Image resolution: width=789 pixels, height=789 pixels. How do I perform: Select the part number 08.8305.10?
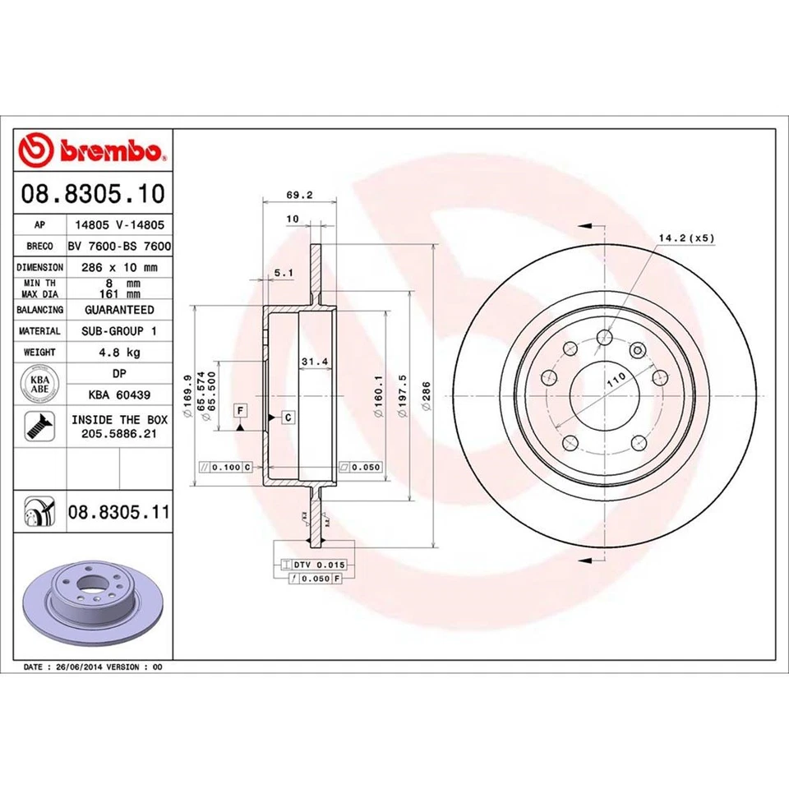coord(93,195)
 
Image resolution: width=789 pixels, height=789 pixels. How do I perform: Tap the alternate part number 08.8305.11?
coord(118,514)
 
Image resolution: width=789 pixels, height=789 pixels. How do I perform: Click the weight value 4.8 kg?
coord(118,352)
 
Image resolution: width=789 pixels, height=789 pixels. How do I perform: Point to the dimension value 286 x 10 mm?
coord(118,267)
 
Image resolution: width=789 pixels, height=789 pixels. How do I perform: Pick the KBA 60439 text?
coord(118,394)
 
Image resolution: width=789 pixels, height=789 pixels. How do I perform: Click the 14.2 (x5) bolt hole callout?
coord(686,238)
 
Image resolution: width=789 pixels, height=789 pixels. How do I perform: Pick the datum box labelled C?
coord(288,418)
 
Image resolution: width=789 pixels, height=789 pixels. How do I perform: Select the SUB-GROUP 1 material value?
coord(118,330)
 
